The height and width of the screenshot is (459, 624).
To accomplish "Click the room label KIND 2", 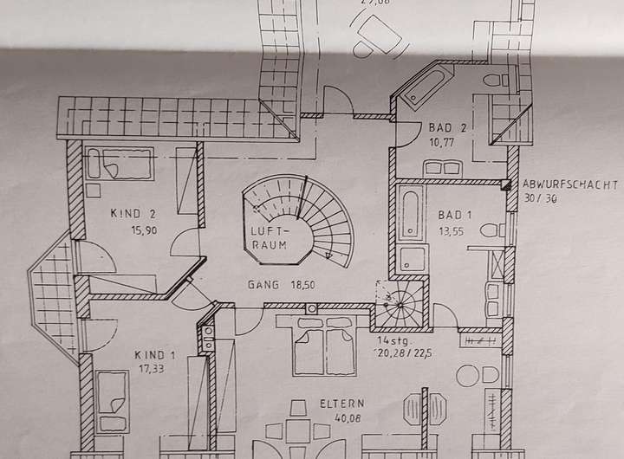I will (133, 214).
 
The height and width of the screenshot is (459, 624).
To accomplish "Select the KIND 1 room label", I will (155, 353).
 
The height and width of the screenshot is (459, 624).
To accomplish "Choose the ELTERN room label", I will (341, 404).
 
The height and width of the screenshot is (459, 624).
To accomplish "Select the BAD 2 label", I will (448, 127).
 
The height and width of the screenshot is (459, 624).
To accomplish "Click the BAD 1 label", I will (454, 214).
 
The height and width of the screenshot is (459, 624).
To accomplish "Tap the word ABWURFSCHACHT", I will (569, 184).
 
